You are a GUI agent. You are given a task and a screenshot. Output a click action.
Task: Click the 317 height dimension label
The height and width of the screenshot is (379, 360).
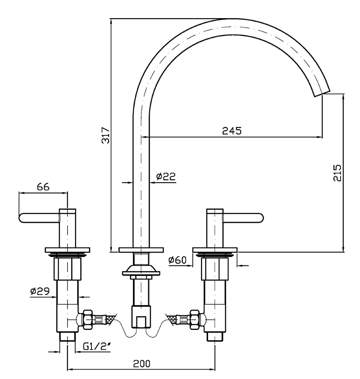(x=105, y=135)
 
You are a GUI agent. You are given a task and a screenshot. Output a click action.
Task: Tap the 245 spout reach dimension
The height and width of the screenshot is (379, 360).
(x=231, y=130)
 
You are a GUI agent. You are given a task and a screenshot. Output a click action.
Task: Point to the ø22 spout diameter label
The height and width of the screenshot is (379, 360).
(x=166, y=176)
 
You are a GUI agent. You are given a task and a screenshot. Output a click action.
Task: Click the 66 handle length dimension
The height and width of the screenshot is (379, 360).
(x=43, y=187)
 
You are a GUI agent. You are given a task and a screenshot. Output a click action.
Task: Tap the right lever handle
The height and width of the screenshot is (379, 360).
(x=244, y=217)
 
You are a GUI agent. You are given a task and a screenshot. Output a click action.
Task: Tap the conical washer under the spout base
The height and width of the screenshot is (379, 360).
(x=141, y=268)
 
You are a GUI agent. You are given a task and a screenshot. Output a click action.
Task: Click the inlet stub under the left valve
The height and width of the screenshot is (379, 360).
(x=67, y=337)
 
